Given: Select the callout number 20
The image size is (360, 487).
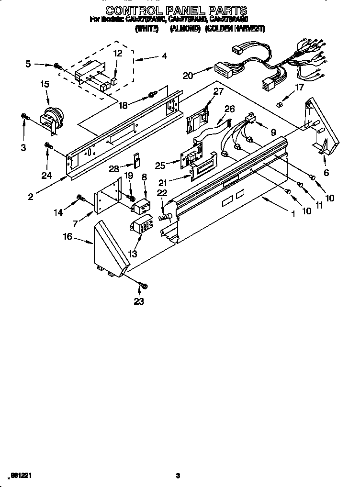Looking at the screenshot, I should click(188, 75).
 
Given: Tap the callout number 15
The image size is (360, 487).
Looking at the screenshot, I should click(45, 84).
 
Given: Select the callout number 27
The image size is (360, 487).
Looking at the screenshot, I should click(218, 91).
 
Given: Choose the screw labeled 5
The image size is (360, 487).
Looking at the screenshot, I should click(57, 65).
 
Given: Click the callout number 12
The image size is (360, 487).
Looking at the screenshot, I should click(118, 54).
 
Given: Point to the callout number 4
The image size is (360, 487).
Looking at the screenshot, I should click(164, 56).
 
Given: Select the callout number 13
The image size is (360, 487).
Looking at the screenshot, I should click(134, 254).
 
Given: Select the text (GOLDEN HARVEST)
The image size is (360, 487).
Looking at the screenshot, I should click(235, 29).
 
